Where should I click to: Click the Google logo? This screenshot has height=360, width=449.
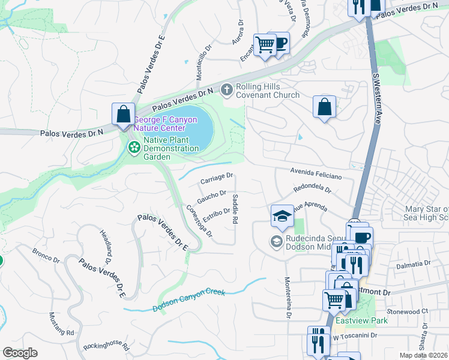(x=20, y=353)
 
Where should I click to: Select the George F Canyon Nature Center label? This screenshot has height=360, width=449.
(x=164, y=124)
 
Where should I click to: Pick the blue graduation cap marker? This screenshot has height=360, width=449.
(x=282, y=215)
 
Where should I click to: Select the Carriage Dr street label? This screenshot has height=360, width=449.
(x=216, y=178)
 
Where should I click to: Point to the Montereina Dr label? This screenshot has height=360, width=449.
(x=289, y=298)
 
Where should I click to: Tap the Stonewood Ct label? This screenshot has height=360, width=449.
(x=407, y=312)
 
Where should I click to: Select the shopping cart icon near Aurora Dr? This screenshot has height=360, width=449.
(x=264, y=45)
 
